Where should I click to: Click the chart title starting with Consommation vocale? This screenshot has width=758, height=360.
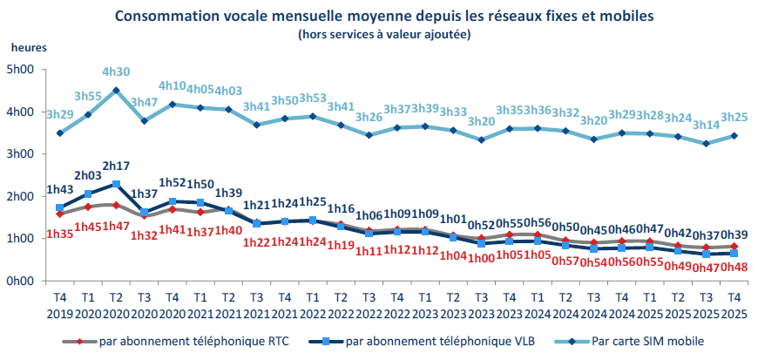[382, 16]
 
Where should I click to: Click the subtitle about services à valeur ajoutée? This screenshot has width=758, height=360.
[383, 34]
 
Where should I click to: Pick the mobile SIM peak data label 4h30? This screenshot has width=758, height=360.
[116, 73]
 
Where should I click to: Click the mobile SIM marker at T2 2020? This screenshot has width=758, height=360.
[116, 90]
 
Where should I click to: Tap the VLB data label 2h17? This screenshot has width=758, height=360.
[116, 166]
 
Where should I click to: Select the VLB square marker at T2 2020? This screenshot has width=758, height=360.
[116, 184]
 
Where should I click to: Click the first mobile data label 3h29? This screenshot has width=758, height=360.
[60, 115]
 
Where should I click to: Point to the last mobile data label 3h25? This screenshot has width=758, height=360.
[734, 116]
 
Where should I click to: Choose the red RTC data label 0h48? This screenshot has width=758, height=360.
[734, 267]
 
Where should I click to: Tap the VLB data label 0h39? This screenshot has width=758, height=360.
[734, 235]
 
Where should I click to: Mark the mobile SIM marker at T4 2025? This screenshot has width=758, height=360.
[734, 135]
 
